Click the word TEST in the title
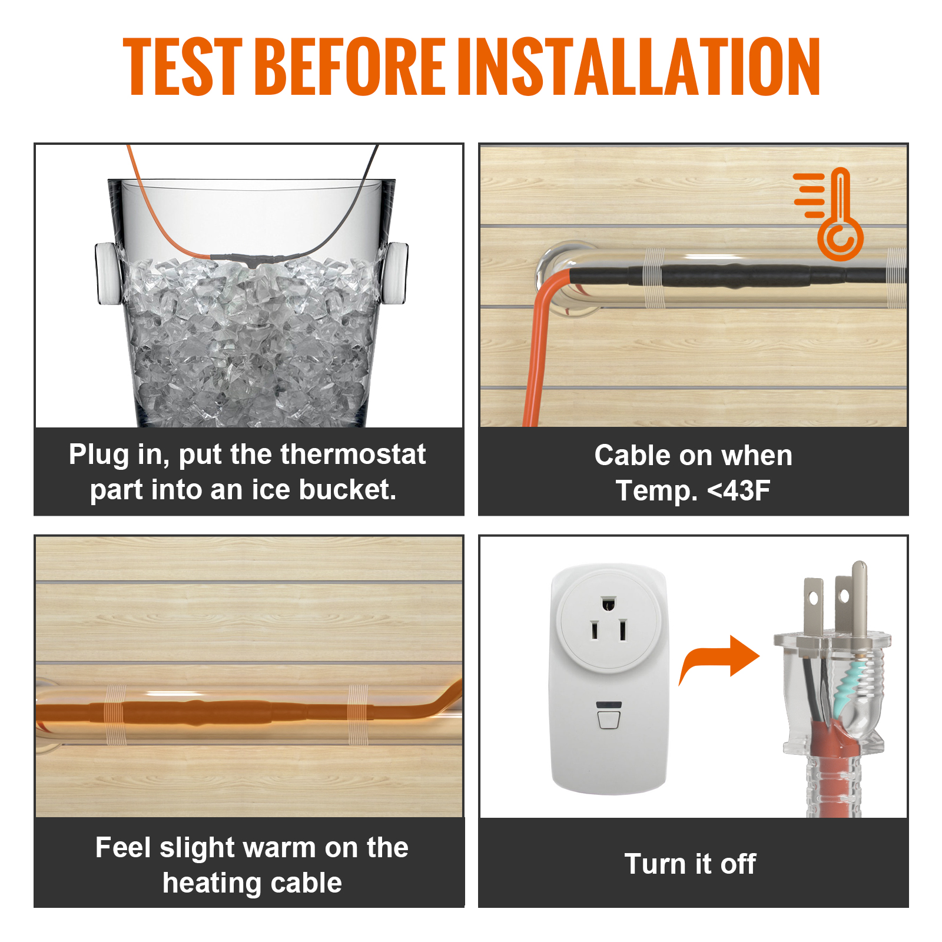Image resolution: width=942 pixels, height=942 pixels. [x=182, y=66]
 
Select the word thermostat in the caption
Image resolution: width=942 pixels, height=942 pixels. [x=353, y=455]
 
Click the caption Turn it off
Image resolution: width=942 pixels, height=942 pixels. [x=690, y=864]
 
